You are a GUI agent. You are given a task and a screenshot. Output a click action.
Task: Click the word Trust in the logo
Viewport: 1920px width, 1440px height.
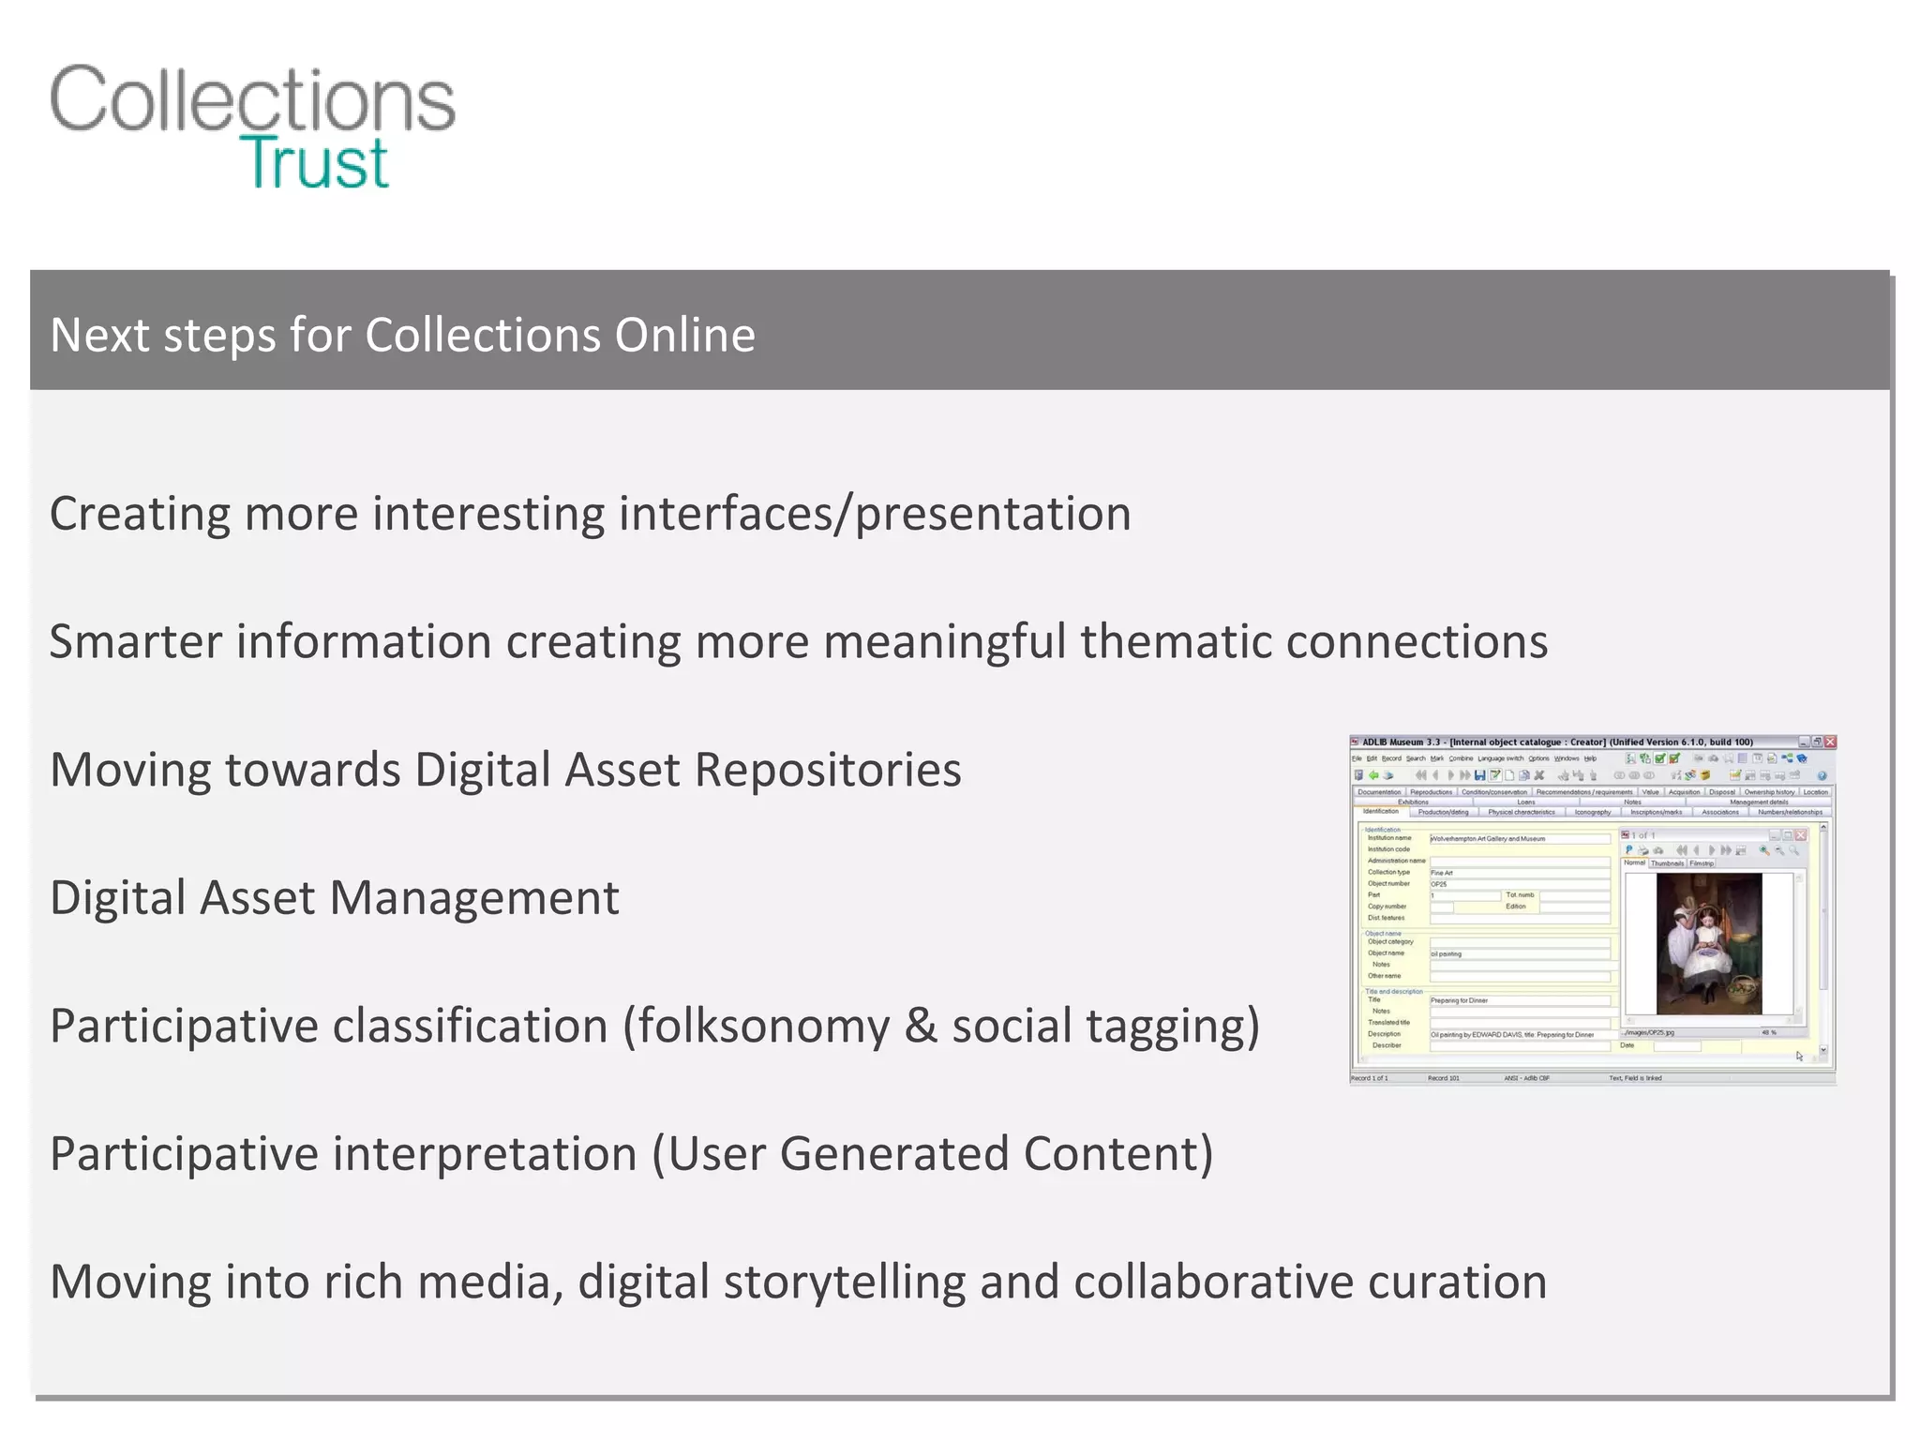(x=314, y=163)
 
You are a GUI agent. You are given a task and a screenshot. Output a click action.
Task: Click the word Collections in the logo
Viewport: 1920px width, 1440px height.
(x=252, y=100)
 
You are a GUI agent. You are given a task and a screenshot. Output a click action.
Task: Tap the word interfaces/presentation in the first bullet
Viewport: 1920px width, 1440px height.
(x=874, y=514)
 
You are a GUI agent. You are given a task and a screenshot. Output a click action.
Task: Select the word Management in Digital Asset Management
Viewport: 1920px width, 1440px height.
(x=474, y=898)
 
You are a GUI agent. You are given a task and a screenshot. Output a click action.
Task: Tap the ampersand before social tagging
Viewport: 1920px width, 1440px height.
(x=921, y=1026)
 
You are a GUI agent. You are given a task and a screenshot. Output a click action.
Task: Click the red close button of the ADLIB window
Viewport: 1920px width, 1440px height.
(x=1830, y=742)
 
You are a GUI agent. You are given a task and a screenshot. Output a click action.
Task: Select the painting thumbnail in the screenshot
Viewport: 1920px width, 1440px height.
(x=1709, y=943)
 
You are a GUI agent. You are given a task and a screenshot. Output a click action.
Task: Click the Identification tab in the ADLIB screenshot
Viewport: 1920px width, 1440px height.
(x=1380, y=812)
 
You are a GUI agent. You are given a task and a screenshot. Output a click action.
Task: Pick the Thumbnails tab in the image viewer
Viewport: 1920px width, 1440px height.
(x=1667, y=862)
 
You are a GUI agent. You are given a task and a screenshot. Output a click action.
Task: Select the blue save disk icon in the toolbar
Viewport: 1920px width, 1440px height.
(x=1479, y=775)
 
